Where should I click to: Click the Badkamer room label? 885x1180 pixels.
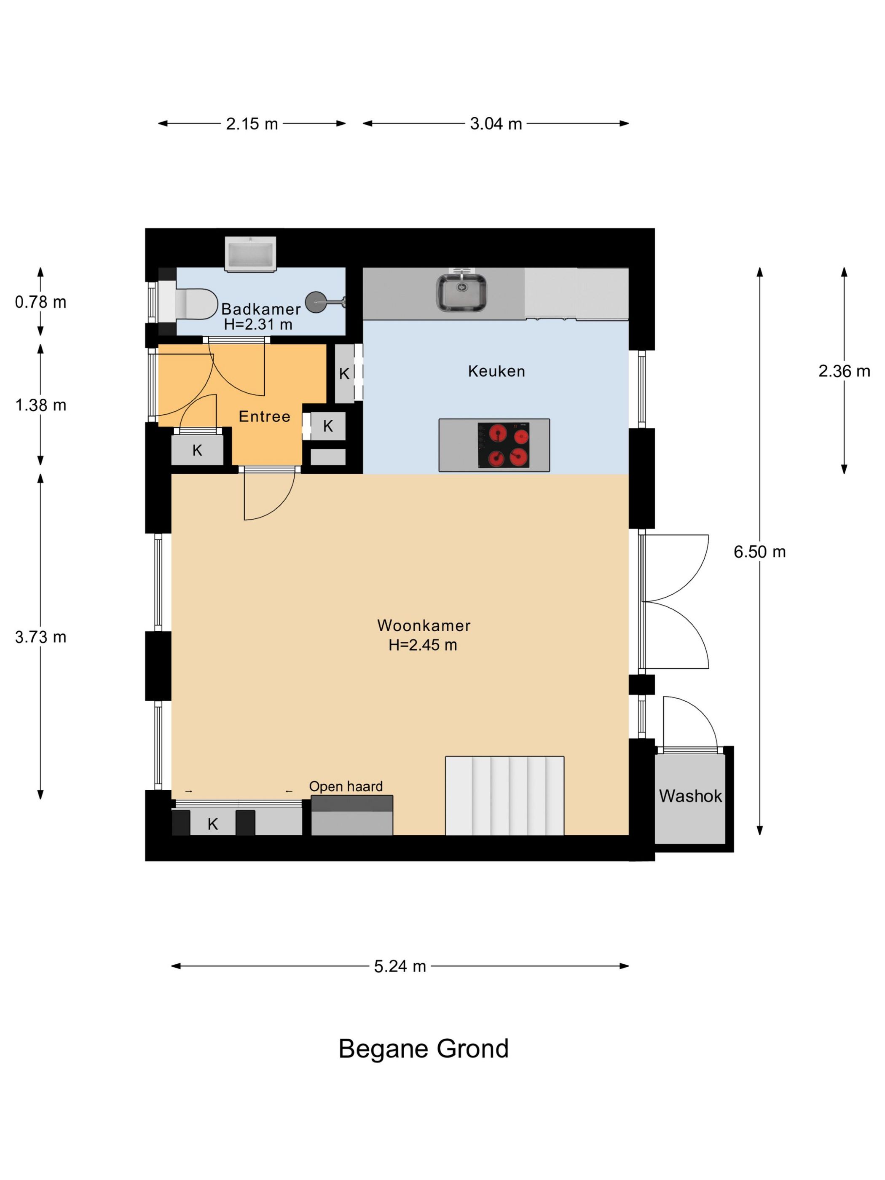pos(261,309)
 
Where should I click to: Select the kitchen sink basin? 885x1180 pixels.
pos(461,292)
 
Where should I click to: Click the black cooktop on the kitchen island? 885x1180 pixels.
pos(504,445)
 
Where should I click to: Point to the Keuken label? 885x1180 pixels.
pos(496,371)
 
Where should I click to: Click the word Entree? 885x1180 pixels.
pos(265,417)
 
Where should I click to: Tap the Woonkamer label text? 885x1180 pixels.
pos(424,625)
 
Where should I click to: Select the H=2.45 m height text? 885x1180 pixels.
pos(423,645)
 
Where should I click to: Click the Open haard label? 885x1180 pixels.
pos(346,786)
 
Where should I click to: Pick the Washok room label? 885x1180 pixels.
pos(690,796)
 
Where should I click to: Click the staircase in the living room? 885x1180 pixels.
pos(504,795)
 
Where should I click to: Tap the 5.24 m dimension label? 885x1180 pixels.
pos(400,966)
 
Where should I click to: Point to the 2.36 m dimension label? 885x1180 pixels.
pos(844,371)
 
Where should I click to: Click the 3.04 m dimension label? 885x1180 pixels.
pos(496,124)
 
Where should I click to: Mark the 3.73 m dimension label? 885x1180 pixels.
pos(40,637)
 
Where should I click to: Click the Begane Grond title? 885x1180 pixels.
pos(424,1049)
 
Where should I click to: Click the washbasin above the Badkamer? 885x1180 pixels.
pos(250,254)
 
